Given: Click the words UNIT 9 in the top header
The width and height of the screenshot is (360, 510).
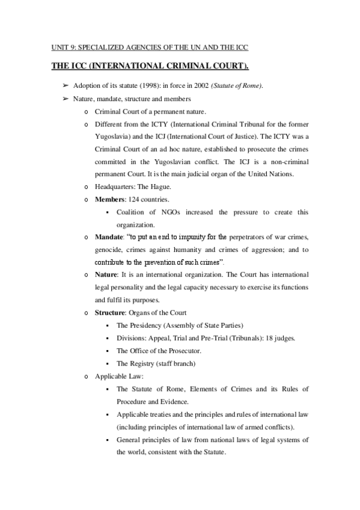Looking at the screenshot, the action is click(58, 48).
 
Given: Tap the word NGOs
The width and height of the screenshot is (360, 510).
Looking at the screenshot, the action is click(160, 212).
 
